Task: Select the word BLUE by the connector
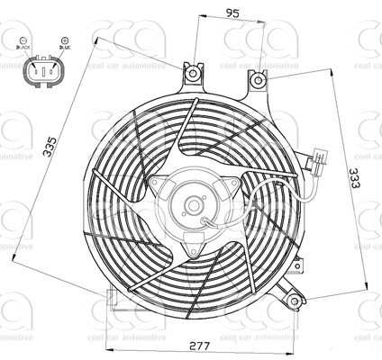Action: coord(64,52)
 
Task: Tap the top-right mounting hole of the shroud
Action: coord(259,81)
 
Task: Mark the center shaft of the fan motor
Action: coord(193,205)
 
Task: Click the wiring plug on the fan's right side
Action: coord(319,164)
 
